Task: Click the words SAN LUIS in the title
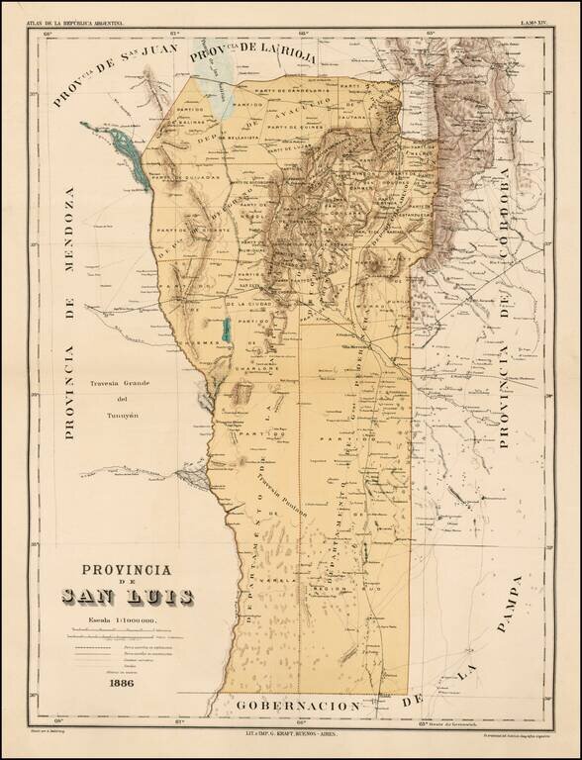coord(128,597)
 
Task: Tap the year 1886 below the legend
coord(123,683)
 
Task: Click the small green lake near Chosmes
coord(226,330)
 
